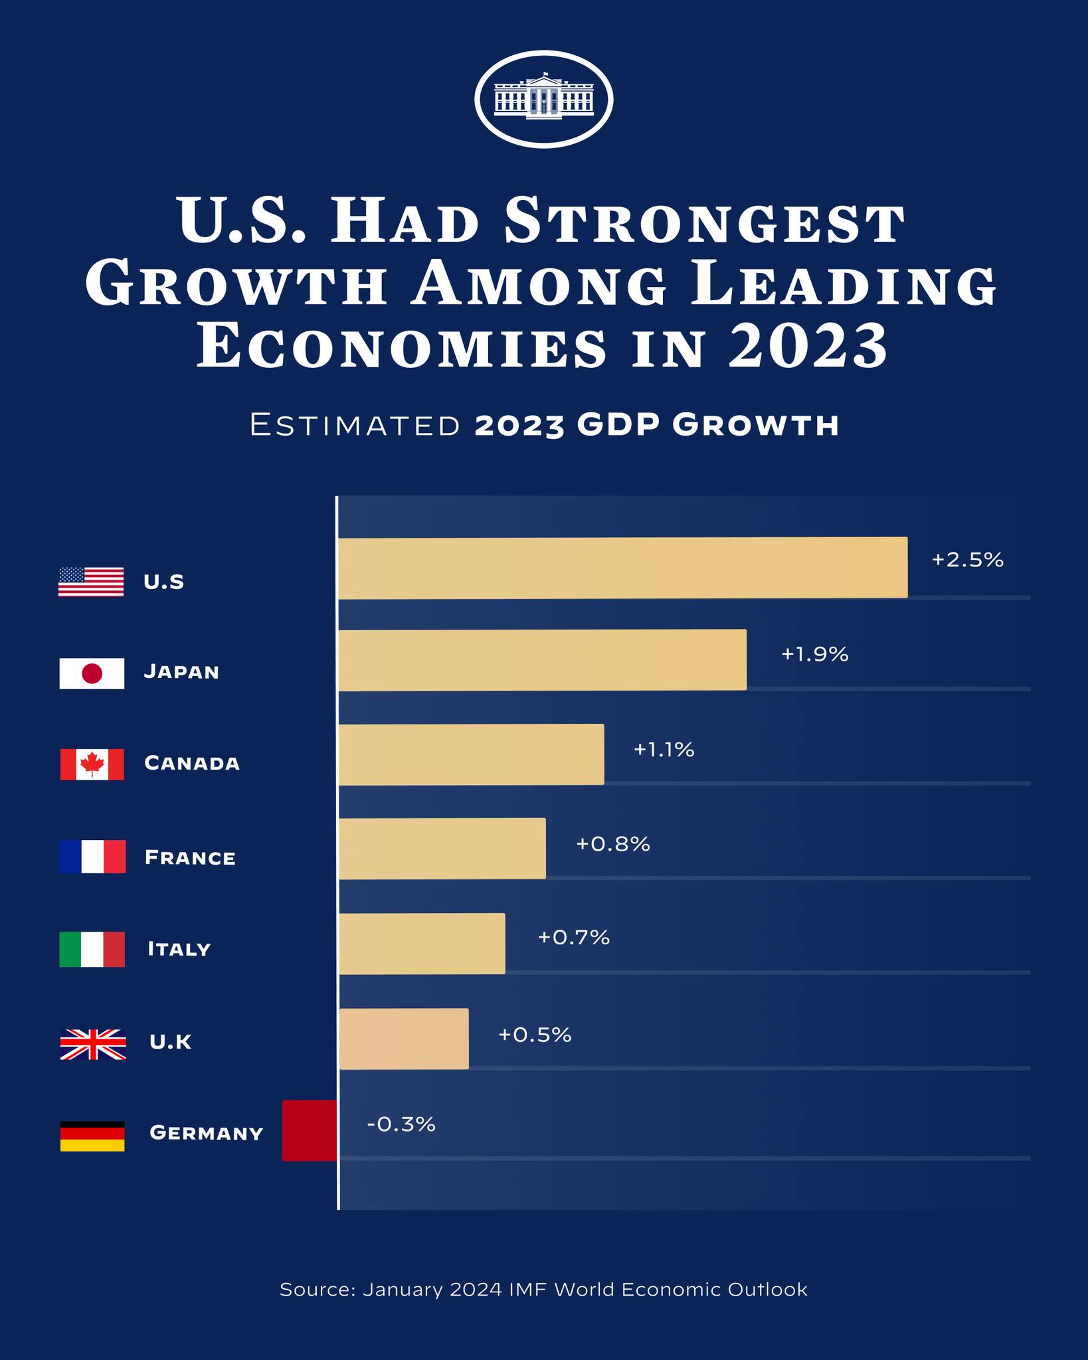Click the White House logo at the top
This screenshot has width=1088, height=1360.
pos(543,99)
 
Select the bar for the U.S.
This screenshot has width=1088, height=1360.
pos(622,568)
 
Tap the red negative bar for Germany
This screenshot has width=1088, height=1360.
pos(310,1130)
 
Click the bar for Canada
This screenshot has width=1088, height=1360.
pos(471,754)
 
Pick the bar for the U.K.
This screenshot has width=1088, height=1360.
pos(404,1039)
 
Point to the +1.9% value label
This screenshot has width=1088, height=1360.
pos(814,655)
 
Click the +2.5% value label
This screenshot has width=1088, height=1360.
pos(967,560)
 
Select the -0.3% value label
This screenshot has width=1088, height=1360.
pos(401,1124)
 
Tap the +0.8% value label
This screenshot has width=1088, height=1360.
pos(612,844)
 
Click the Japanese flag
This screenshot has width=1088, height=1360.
pos(92,673)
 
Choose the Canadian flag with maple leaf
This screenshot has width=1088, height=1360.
pos(92,764)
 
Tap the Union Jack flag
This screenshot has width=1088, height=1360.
pos(92,1044)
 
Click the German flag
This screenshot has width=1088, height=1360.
pos(92,1136)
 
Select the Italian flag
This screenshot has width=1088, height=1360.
pos(92,950)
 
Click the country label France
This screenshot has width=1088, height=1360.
pos(190,858)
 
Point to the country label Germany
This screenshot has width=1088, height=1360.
pos(207,1133)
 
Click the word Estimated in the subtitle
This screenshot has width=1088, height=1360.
pos(355,425)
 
